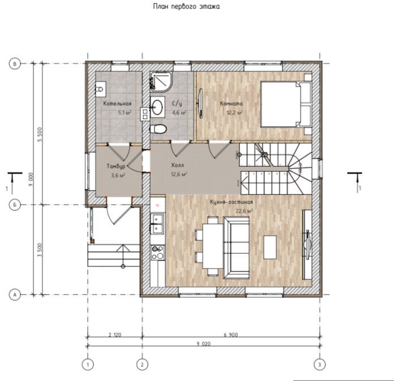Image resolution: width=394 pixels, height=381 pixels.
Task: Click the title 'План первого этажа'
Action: (x=186, y=7)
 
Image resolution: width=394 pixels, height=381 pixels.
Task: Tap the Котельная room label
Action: (x=117, y=103)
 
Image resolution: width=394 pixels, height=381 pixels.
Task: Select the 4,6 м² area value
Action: (x=179, y=112)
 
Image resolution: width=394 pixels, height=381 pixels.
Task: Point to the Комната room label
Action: (x=232, y=103)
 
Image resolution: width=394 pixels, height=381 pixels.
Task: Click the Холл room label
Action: (x=177, y=165)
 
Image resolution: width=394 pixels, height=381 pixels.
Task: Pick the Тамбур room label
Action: (x=116, y=166)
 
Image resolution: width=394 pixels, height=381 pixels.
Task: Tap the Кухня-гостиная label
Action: (x=232, y=202)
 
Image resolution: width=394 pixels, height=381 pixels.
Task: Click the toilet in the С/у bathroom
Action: (x=158, y=129)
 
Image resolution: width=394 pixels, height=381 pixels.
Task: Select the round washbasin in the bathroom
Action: (x=157, y=107)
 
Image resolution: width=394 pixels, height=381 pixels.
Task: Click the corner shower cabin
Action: (x=161, y=81)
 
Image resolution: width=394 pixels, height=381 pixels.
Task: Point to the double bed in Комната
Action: (x=286, y=104)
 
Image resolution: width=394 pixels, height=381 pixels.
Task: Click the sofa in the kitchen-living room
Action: (x=237, y=248)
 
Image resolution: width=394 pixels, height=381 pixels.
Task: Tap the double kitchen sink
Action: (x=157, y=223)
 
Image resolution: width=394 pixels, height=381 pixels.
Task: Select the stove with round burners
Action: (x=157, y=253)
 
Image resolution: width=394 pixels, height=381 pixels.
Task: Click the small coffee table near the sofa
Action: (x=270, y=247)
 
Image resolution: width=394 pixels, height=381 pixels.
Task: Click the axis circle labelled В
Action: (x=15, y=64)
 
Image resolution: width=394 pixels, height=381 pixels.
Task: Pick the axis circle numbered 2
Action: (x=142, y=365)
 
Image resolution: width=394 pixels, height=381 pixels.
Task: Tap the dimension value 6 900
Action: (x=230, y=335)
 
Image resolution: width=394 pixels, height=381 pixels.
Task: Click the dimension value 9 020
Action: (x=204, y=344)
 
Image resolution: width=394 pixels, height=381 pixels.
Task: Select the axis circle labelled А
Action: (x=15, y=295)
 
